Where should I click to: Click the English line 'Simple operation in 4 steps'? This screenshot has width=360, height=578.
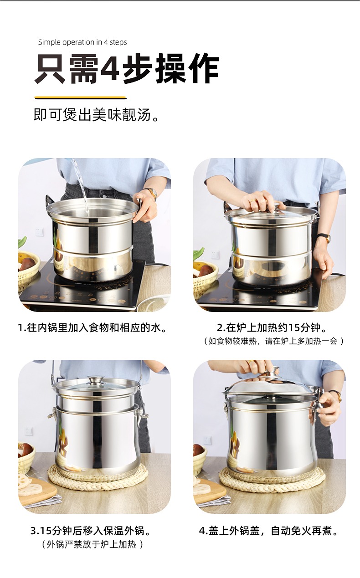(82, 42)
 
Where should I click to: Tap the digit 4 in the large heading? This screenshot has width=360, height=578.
(109, 68)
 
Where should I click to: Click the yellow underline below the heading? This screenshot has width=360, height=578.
(80, 98)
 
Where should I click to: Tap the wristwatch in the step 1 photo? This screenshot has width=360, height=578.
(152, 194)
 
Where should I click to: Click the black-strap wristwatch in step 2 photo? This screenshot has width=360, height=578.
(324, 238)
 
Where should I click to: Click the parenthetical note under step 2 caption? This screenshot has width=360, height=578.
(273, 341)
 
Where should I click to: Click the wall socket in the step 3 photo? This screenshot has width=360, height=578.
(29, 431)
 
